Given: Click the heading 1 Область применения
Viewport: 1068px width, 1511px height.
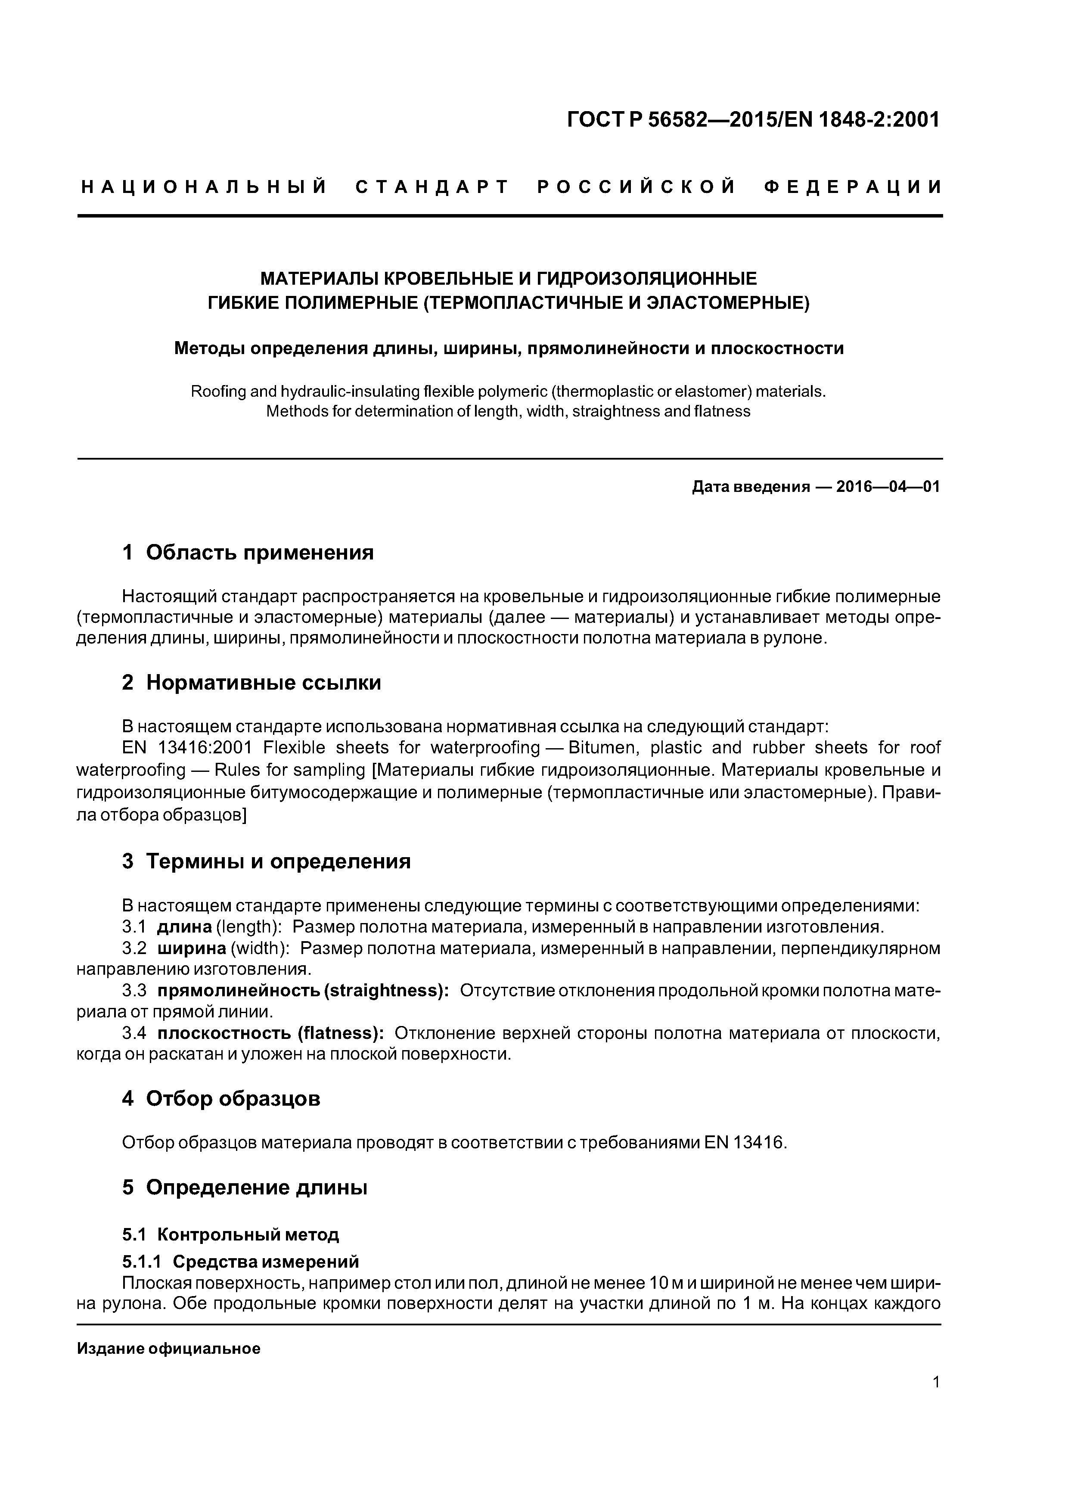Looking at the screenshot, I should point(248,552).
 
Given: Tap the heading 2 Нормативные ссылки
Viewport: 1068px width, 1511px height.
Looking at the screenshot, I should point(251,682).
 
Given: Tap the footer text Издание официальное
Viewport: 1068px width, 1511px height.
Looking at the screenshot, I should point(168,1349).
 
